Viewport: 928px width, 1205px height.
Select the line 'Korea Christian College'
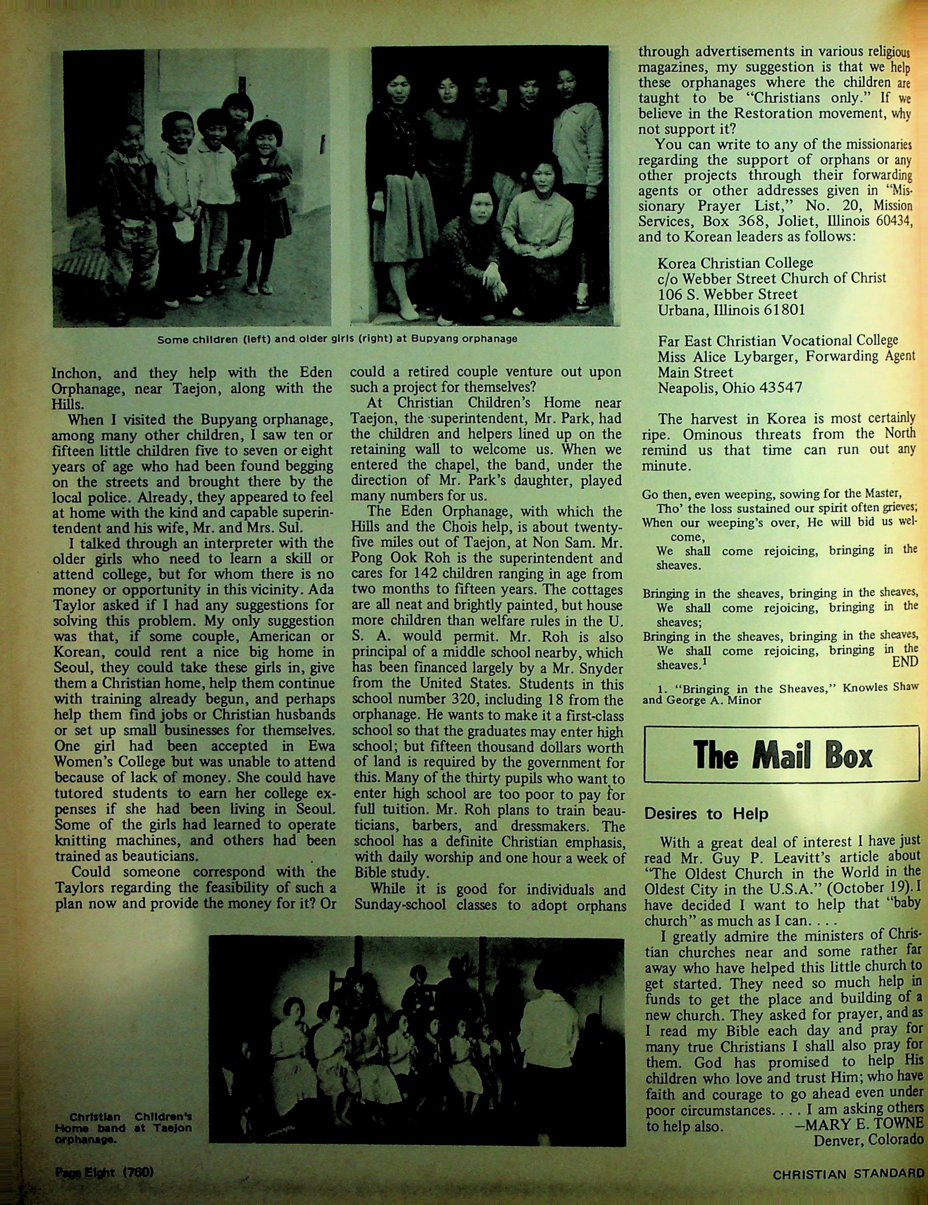[735, 263]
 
